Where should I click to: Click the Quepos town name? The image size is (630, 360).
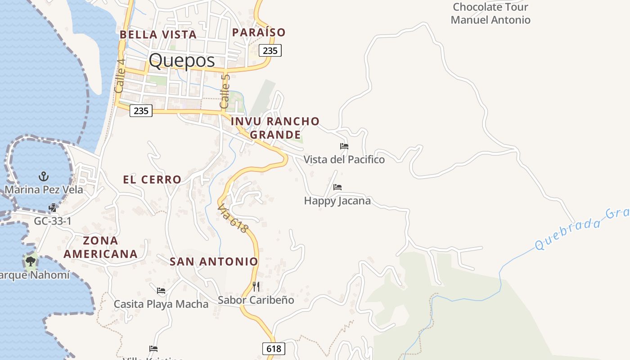(x=182, y=61)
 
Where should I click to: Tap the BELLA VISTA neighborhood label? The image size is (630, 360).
(x=158, y=35)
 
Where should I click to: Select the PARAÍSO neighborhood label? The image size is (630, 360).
(x=259, y=32)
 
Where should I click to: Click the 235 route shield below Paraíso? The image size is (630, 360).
(x=270, y=50)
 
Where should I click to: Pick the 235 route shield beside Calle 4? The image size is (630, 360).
(x=141, y=111)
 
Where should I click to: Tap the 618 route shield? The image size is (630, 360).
(x=274, y=348)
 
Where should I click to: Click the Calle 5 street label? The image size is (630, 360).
(x=225, y=91)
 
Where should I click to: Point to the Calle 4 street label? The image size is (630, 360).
(x=120, y=76)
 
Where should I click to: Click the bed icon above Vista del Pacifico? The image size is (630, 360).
(x=344, y=146)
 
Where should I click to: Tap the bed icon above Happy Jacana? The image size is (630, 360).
(x=337, y=187)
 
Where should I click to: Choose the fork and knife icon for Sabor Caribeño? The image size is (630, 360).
(x=256, y=286)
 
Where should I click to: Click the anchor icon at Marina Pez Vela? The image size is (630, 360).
(x=44, y=176)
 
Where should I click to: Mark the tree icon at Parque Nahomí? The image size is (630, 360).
(x=31, y=261)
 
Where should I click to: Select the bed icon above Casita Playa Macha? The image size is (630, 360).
(x=161, y=291)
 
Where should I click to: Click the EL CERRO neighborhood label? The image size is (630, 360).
(x=152, y=180)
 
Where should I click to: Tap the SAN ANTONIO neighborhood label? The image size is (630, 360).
(x=214, y=261)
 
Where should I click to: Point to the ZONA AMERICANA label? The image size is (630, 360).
(x=100, y=247)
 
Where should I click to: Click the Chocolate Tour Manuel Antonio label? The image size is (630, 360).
(x=490, y=13)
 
